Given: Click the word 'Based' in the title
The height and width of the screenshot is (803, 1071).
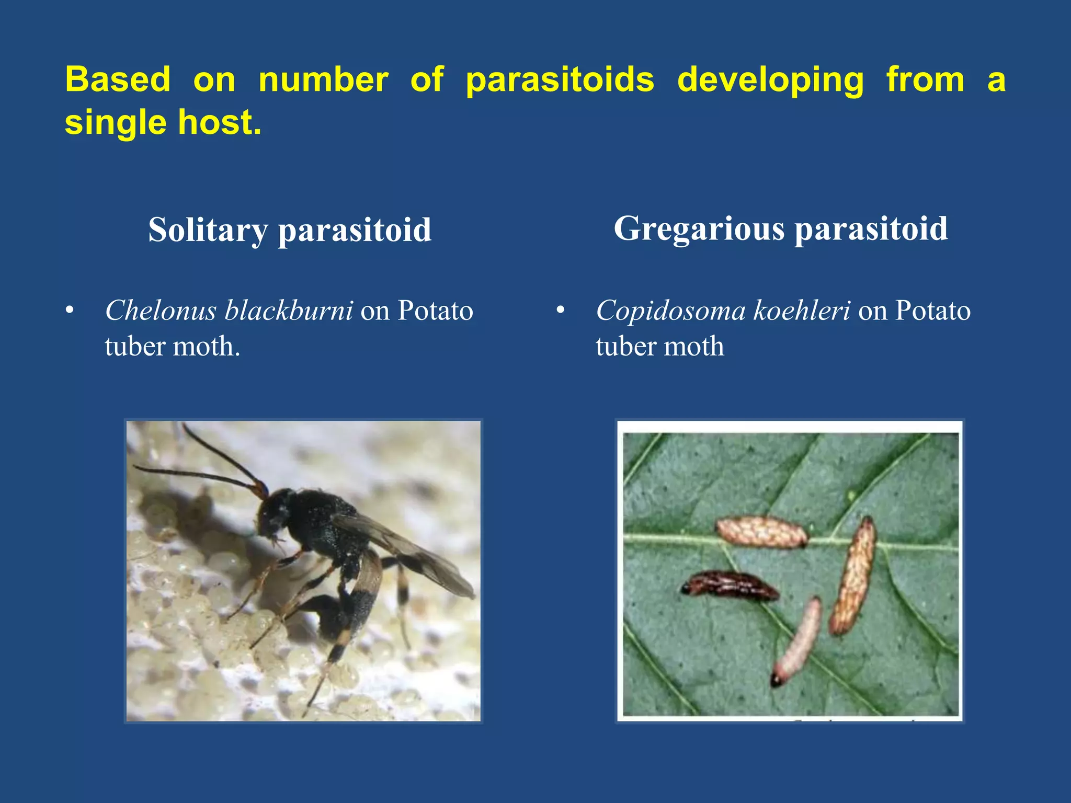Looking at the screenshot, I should point(118,80).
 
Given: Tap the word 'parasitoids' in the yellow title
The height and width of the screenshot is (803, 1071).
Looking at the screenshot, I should point(560,80).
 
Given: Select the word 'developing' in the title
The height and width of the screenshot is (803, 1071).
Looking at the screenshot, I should point(770,80).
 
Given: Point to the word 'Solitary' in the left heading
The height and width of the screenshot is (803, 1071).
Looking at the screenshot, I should point(208,230).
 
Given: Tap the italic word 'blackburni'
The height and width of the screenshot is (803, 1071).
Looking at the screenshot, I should point(289,311).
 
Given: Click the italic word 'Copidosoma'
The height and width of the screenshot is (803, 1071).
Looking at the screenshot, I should point(670,311).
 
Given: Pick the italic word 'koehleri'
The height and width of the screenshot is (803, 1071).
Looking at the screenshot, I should point(802,311).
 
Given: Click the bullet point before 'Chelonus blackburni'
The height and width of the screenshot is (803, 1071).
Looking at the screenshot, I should point(70,311).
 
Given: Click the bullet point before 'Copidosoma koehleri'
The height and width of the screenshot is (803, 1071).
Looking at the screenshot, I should point(561,311).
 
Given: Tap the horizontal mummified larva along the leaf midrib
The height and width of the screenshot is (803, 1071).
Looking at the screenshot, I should point(761,532).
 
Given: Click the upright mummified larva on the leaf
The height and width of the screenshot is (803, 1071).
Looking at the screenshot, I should point(852,575).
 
